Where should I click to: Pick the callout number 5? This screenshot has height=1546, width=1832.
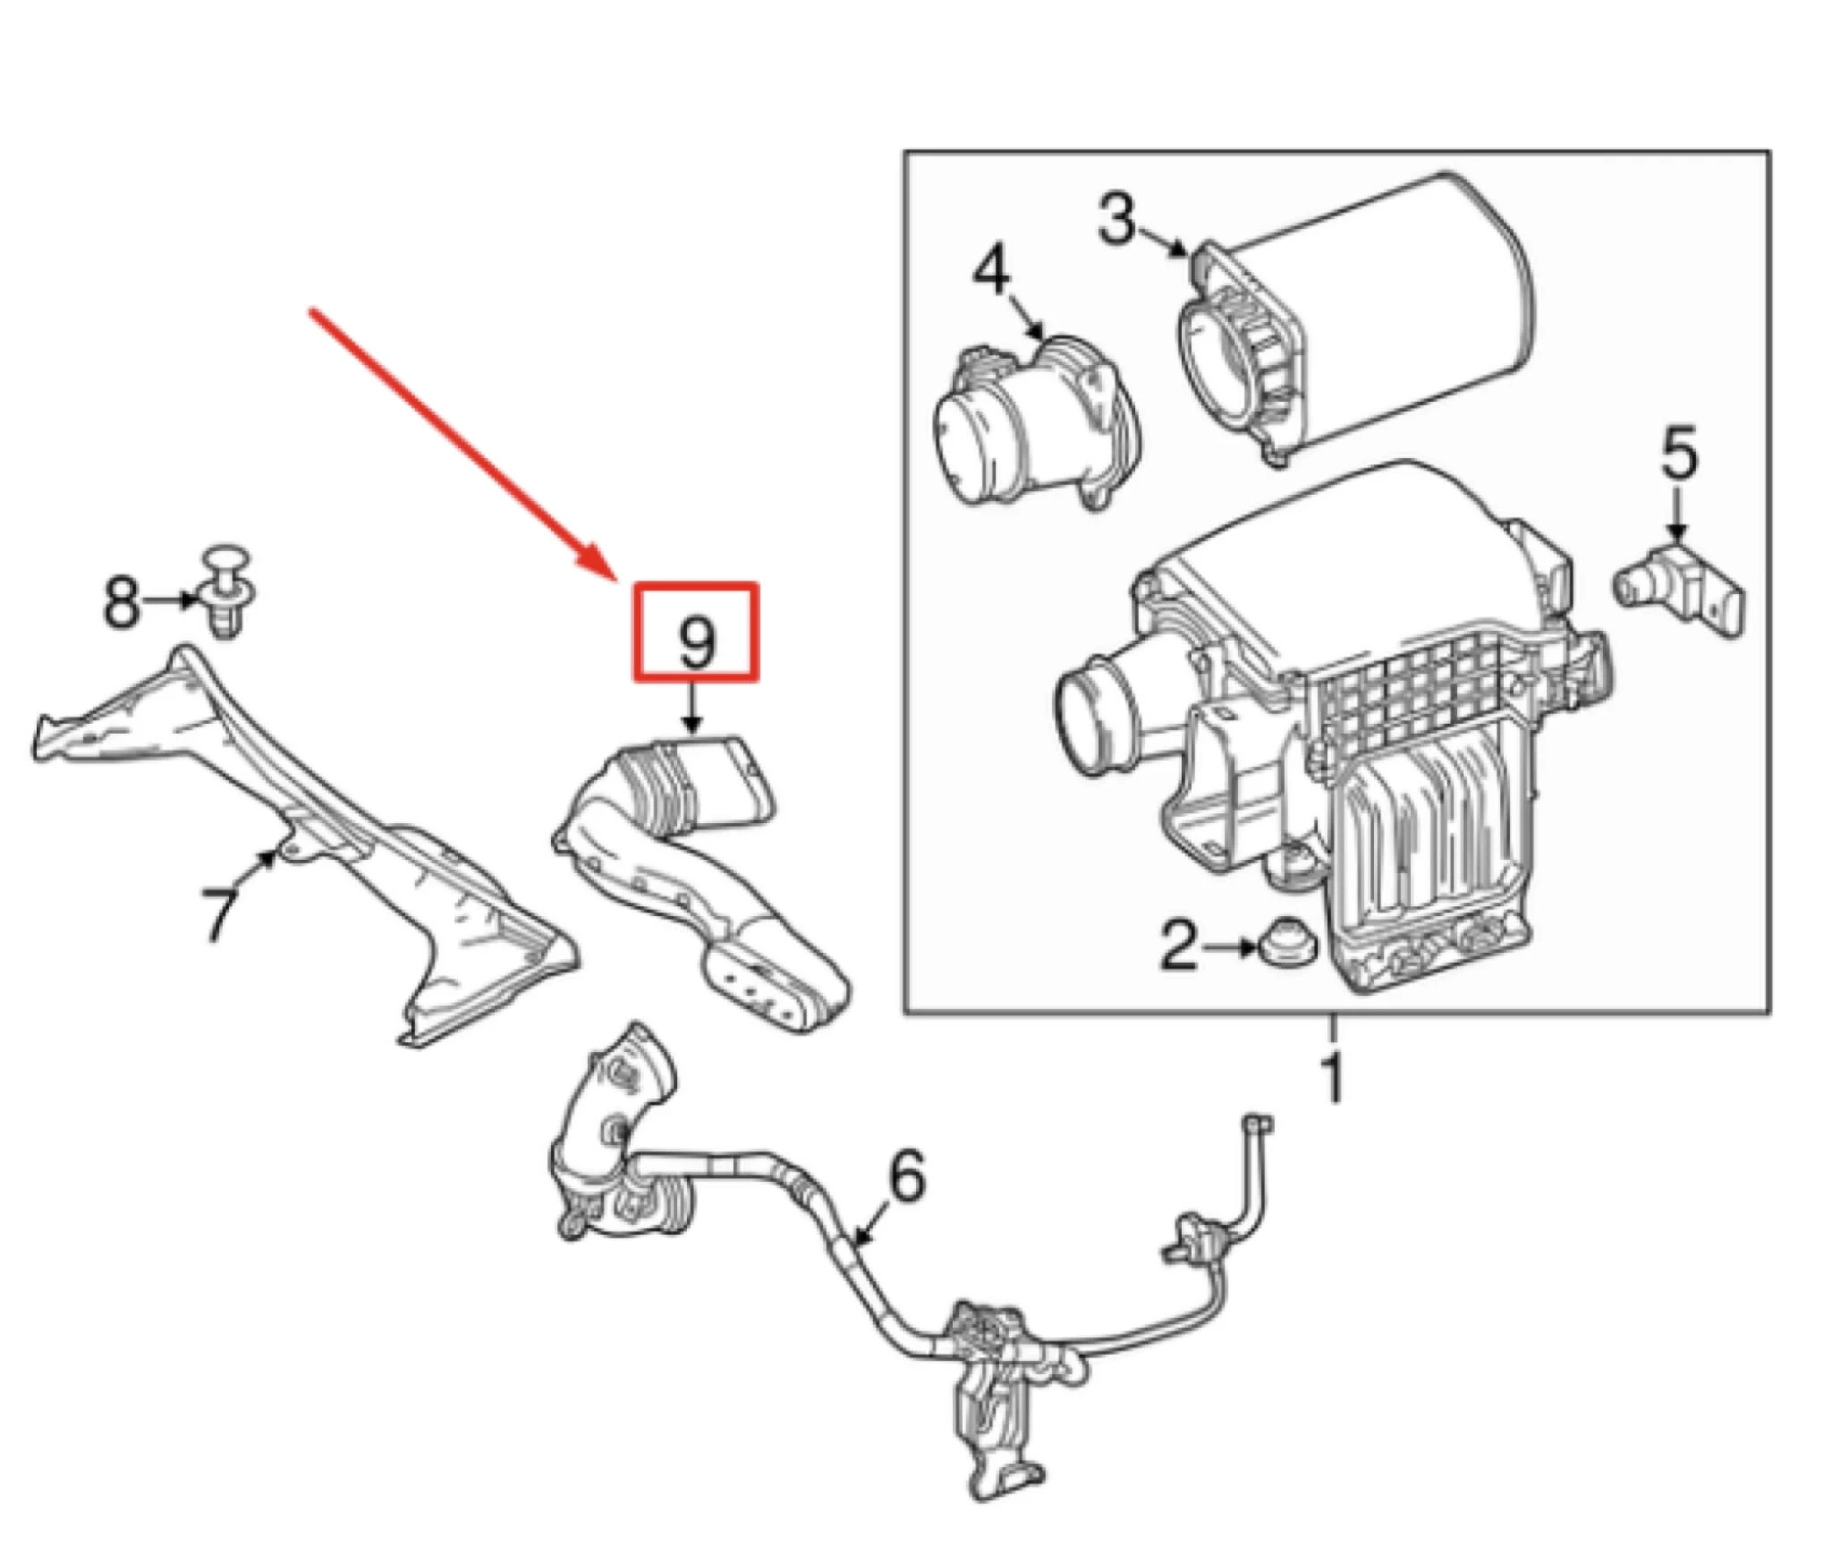click(x=1678, y=454)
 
